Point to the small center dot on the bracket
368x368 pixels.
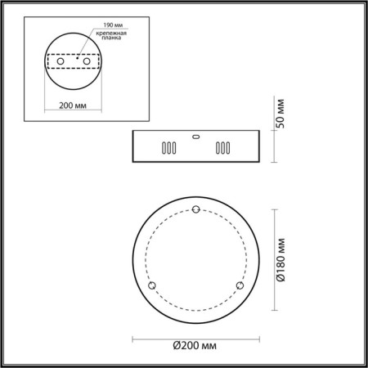pos(77,58)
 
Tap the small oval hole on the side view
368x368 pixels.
pos(195,137)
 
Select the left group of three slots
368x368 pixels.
pos(167,149)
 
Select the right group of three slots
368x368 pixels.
pos(221,149)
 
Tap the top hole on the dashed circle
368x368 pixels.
pos(195,209)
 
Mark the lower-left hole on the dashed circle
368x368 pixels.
pos(150,285)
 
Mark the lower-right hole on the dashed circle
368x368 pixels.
pos(239,285)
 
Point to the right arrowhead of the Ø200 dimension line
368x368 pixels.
pos(256,336)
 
